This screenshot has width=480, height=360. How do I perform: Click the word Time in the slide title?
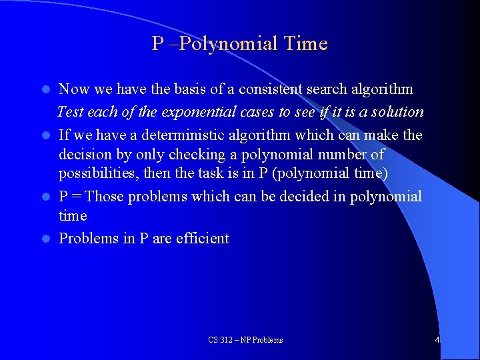coord(305,44)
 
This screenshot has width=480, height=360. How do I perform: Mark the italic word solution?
coord(398,111)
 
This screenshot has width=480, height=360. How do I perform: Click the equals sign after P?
coord(76,196)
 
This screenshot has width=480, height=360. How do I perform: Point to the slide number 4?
coord(437,340)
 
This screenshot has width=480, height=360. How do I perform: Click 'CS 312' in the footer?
coord(221,340)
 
